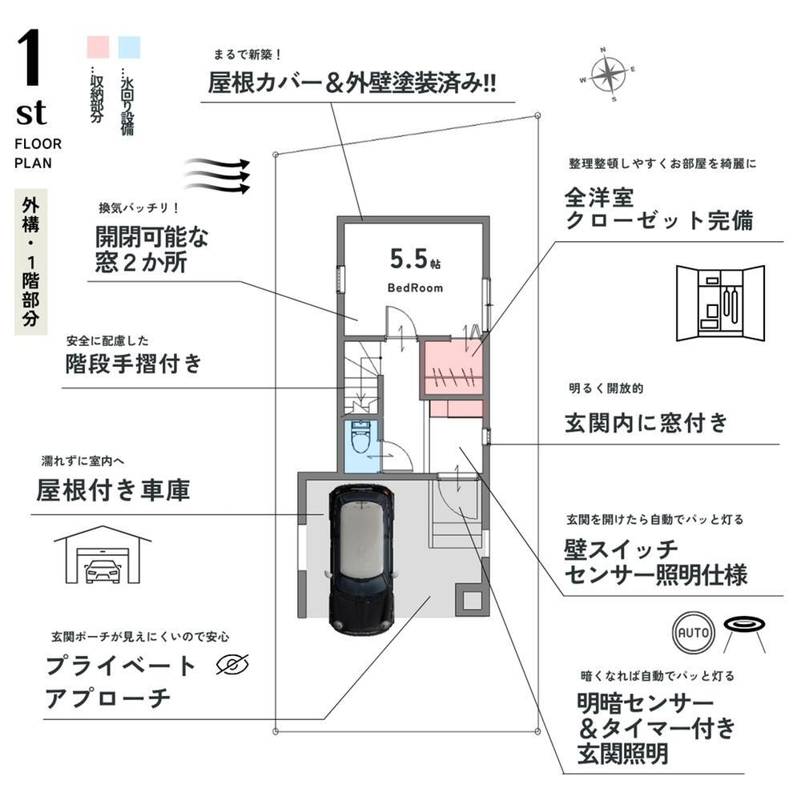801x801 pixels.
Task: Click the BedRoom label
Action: tap(415, 288)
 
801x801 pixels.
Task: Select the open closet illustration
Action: tap(720, 304)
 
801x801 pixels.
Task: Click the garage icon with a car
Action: tap(102, 556)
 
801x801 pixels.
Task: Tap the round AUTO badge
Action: tap(694, 633)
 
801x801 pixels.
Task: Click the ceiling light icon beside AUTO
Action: tap(745, 629)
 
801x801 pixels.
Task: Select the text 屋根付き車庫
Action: tap(113, 489)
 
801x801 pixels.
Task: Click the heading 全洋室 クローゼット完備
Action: tap(658, 207)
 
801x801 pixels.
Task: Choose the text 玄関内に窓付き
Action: tap(646, 421)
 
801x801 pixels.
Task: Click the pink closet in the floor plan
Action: tap(453, 368)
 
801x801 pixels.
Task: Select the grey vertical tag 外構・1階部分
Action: tap(31, 262)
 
